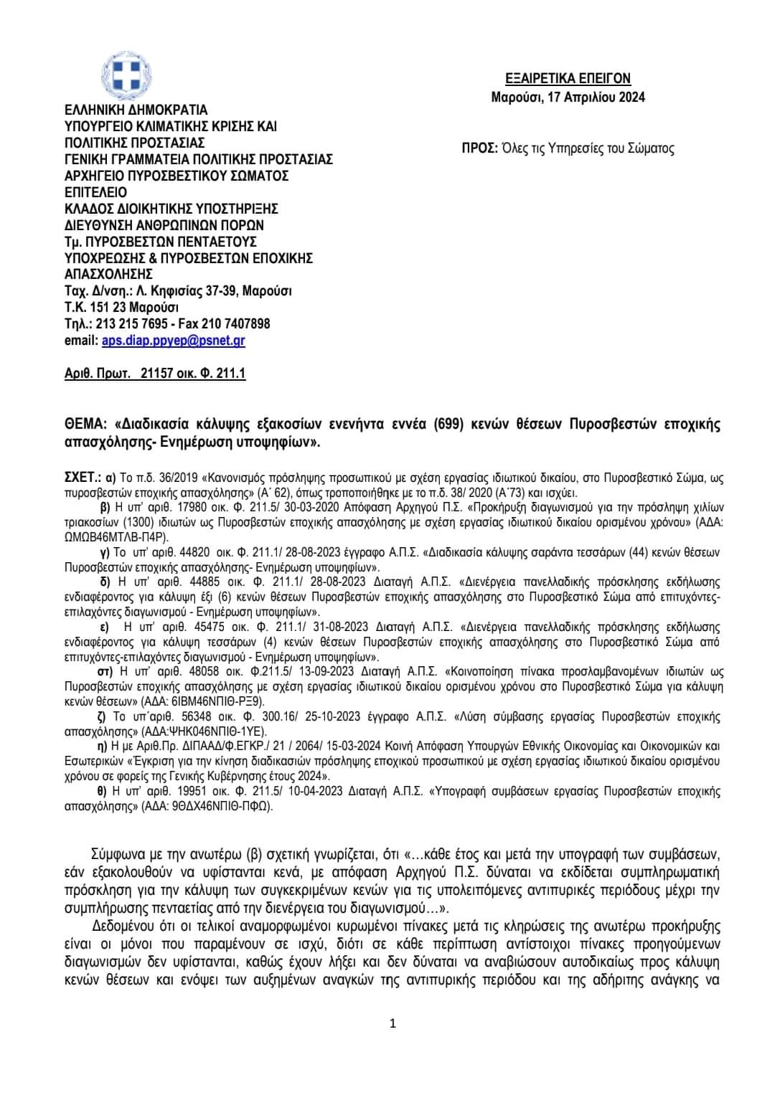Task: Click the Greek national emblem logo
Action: click(x=126, y=77)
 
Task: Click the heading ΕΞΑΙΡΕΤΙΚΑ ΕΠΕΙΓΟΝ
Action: click(x=568, y=79)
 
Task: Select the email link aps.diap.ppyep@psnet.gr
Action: click(x=173, y=341)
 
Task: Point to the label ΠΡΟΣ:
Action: click(x=479, y=149)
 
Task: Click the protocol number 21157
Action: click(x=157, y=374)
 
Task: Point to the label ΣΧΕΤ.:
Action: click(x=82, y=476)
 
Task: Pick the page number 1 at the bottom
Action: click(x=392, y=1023)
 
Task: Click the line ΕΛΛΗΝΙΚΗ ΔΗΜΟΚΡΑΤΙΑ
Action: click(x=136, y=110)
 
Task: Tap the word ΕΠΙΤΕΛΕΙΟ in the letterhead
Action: click(x=95, y=192)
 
